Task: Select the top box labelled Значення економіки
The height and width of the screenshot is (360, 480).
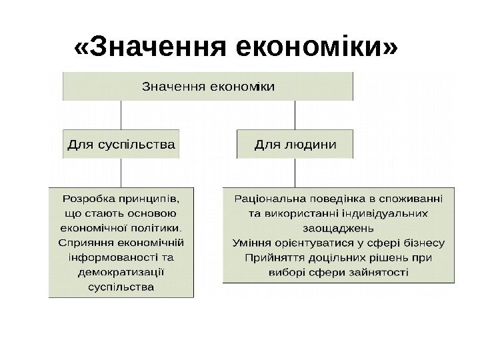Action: (x=208, y=86)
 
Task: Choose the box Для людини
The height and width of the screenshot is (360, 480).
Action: (x=295, y=143)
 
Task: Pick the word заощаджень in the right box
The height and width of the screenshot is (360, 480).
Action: (x=338, y=227)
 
